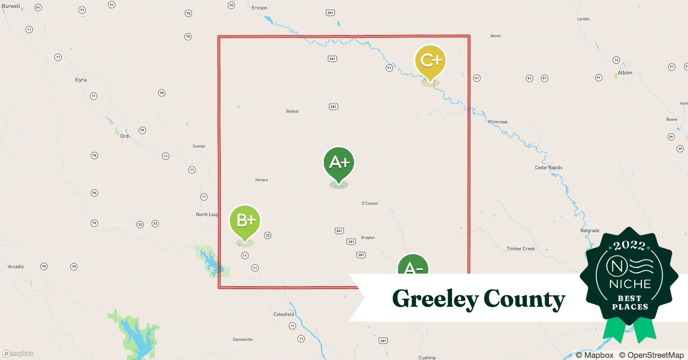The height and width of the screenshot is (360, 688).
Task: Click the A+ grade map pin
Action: pyautogui.click(x=339, y=162)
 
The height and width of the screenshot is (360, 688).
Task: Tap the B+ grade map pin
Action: pyautogui.click(x=245, y=220)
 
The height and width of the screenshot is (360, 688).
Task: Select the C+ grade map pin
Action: pyautogui.click(x=430, y=60)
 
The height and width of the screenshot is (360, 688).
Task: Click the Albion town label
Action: pyautogui.click(x=625, y=73)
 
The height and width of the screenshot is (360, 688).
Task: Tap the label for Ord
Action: pyautogui.click(x=124, y=136)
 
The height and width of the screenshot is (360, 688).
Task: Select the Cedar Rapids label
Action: pyautogui.click(x=548, y=168)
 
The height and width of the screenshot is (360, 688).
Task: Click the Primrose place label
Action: pyautogui.click(x=498, y=122)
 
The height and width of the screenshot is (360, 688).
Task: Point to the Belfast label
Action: pyautogui.click(x=292, y=112)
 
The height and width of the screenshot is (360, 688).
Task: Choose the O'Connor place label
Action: pyautogui.click(x=370, y=204)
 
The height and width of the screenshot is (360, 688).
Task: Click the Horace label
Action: pyautogui.click(x=262, y=180)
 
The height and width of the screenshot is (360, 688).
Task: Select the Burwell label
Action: pyautogui.click(x=11, y=6)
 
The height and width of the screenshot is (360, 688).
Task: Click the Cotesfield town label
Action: pyautogui.click(x=283, y=315)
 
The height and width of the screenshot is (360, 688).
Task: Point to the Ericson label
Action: pyautogui.click(x=259, y=8)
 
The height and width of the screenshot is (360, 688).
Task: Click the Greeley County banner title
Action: pyautogui.click(x=478, y=298)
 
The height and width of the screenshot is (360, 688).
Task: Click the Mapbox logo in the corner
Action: pyautogui.click(x=18, y=354)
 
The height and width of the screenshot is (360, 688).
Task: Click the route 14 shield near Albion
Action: pyautogui.click(x=616, y=60)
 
